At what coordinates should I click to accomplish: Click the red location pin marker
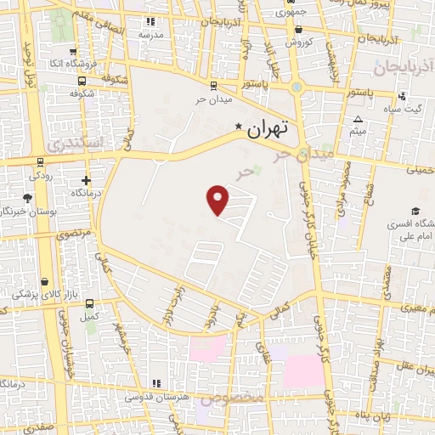[218, 200]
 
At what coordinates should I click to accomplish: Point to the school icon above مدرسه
[151, 21]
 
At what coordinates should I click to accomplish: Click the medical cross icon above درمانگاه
[86, 180]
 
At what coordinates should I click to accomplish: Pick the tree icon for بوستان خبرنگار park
[28, 198]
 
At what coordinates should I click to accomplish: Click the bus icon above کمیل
[89, 304]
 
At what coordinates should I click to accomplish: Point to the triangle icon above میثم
[359, 119]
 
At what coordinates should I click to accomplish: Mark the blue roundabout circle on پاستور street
[297, 86]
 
